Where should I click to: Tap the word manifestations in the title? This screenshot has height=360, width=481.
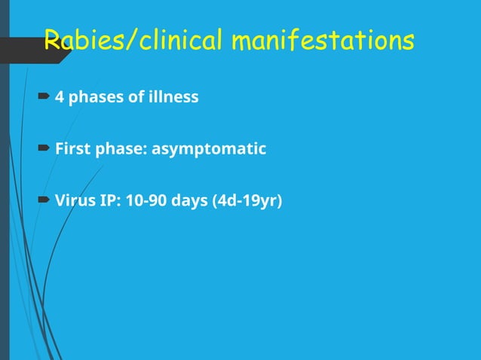(323, 41)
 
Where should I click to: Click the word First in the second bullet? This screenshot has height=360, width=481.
(73, 149)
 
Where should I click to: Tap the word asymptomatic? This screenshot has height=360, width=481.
(209, 149)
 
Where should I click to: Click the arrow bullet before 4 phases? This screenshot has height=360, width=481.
(45, 97)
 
